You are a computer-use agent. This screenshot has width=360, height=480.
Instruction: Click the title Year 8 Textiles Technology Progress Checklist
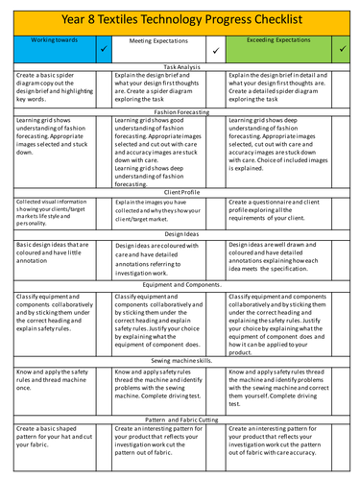[180, 18]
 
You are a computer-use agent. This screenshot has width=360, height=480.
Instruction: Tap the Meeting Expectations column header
[156, 41]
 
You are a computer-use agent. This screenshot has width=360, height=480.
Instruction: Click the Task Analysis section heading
[180, 65]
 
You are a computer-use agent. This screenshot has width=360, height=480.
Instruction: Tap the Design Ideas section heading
[180, 233]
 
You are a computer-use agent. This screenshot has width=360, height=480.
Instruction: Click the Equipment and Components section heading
[180, 285]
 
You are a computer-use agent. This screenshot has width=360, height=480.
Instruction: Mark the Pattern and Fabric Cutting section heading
[180, 419]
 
